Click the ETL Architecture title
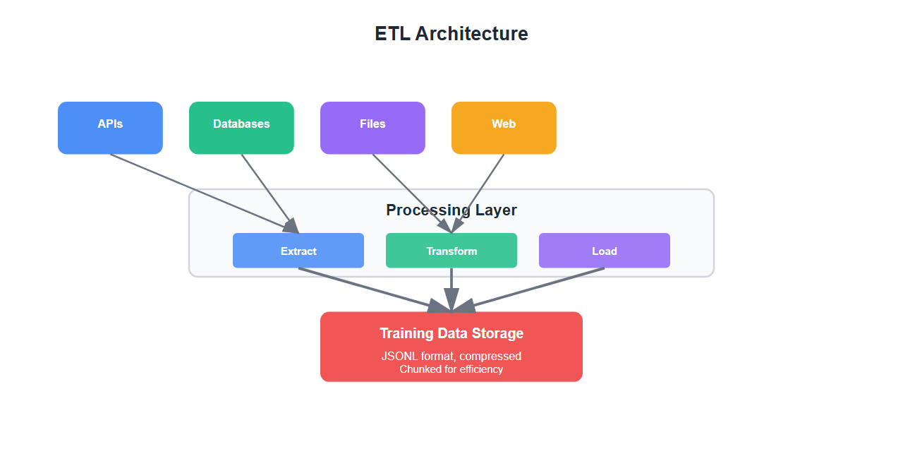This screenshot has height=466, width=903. [x=451, y=34]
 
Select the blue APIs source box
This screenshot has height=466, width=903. [x=110, y=128]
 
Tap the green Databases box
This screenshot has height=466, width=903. [x=241, y=128]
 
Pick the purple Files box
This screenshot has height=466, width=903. [x=372, y=128]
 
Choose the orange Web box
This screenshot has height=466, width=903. [x=504, y=128]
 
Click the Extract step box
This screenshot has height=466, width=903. [x=298, y=251]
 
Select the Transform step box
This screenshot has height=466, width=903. [x=451, y=251]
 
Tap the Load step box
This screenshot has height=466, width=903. [x=605, y=251]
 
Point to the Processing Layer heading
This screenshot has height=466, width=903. [x=451, y=210]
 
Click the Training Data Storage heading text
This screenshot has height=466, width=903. [x=451, y=333]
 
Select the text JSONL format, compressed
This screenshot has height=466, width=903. [x=451, y=356]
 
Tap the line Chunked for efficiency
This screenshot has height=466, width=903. [x=451, y=369]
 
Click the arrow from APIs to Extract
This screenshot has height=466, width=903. [x=198, y=191]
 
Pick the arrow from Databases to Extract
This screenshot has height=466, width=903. [x=268, y=191]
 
